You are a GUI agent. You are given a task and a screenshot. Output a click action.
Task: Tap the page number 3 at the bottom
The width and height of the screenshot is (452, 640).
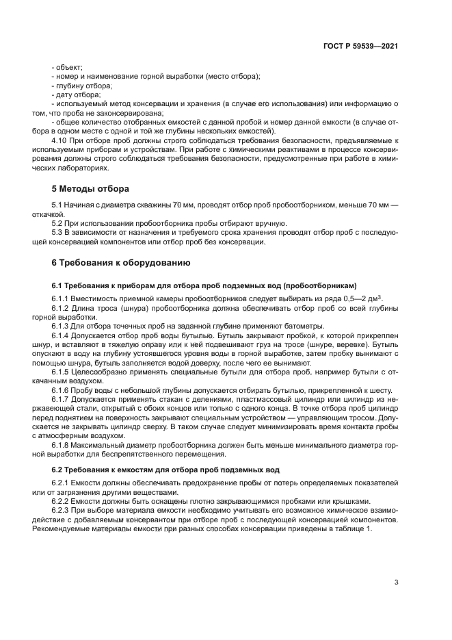[x=396, y=583]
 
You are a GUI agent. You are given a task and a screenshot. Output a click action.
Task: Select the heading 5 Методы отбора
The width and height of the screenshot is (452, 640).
[x=90, y=188]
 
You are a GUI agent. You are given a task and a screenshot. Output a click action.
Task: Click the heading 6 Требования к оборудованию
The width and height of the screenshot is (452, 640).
[x=122, y=263]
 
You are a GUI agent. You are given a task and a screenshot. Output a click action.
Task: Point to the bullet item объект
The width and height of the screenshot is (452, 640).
[x=68, y=67]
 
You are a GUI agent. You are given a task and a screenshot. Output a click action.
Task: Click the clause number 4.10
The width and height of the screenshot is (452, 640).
[x=62, y=140]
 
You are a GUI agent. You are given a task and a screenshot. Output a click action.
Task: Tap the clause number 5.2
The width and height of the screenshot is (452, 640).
[x=58, y=224]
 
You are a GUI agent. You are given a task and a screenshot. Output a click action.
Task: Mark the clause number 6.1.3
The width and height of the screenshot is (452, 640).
[x=62, y=326]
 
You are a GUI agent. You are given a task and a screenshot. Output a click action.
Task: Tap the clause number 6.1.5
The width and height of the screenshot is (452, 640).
[x=62, y=370]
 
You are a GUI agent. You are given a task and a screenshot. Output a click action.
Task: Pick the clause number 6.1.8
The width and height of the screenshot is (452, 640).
[x=62, y=443]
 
